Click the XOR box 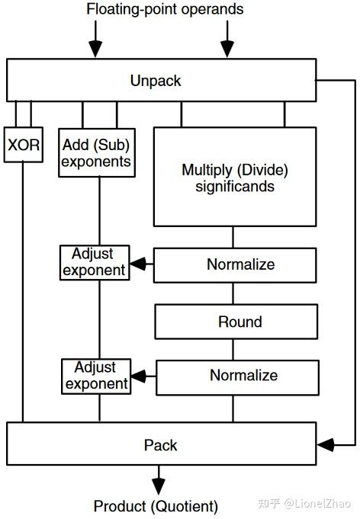pos(23,145)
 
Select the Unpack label pos(156,81)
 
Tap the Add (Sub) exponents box pos(97,152)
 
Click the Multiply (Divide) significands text pos(235,178)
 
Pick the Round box pos(236,322)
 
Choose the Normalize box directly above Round pos(235,265)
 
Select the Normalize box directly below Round pos(237,378)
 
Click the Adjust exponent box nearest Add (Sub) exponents pos(95,262)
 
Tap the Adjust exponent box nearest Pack pos(96,376)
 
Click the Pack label pos(160,445)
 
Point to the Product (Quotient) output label pos(156,506)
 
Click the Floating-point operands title pos(165,9)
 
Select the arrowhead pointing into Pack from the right pos(326,445)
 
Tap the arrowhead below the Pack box pos(159,486)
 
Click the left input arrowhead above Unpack pos(95,49)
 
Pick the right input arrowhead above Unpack pos(227,49)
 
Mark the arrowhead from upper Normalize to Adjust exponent pos(137,264)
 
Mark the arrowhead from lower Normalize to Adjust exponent pos(139,376)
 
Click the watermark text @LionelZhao pos(317,504)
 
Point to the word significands pos(235,187)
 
